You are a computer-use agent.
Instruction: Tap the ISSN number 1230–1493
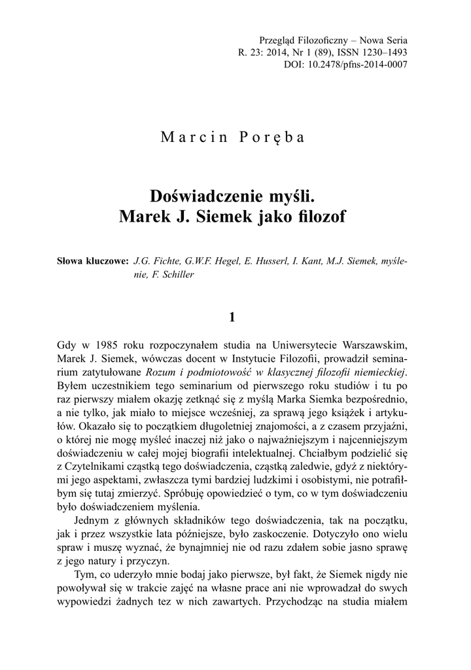[385, 52]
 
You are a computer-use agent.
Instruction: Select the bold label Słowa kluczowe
[93, 262]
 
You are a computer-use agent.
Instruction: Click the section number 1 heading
[232, 318]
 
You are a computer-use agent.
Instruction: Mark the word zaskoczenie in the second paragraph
[303, 533]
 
